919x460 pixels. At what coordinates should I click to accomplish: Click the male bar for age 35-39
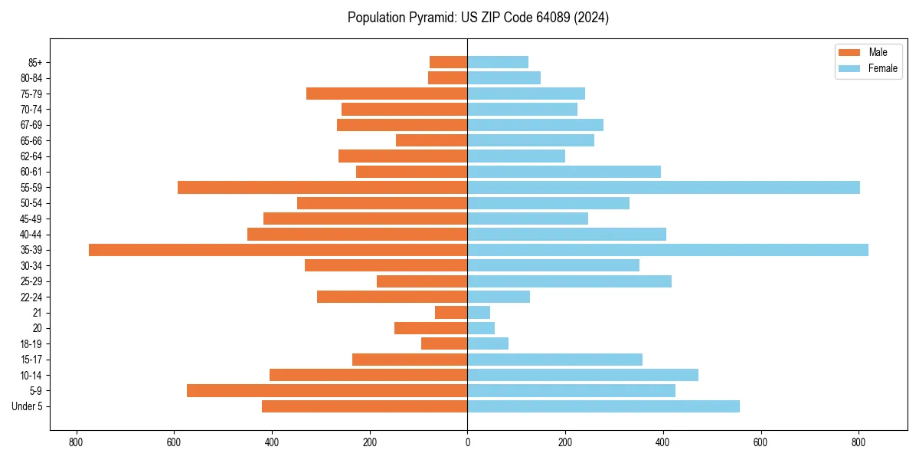pos(278,250)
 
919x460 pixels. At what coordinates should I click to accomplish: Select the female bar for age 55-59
pos(663,188)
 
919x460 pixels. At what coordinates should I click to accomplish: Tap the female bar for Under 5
pos(603,406)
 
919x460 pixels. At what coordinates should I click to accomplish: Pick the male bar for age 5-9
pos(327,391)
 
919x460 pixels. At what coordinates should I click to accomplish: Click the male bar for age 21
pos(451,313)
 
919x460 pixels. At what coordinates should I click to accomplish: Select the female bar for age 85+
pos(498,63)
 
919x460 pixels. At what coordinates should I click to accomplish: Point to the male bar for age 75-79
pos(387,94)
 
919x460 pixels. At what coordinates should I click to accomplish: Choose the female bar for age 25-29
pos(569,281)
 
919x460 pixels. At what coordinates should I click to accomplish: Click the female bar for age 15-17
pos(554,360)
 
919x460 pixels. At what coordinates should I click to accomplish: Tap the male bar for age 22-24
pos(392,297)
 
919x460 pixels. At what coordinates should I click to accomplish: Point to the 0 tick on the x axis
pos(467,442)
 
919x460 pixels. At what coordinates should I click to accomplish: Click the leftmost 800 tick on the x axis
pos(76,442)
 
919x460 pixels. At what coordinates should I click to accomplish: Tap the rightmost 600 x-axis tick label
pos(760,442)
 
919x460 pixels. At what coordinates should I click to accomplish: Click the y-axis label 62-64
pos(31,156)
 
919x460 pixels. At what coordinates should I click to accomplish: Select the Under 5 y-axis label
pos(28,406)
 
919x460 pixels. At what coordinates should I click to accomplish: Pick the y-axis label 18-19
pos(31,344)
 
